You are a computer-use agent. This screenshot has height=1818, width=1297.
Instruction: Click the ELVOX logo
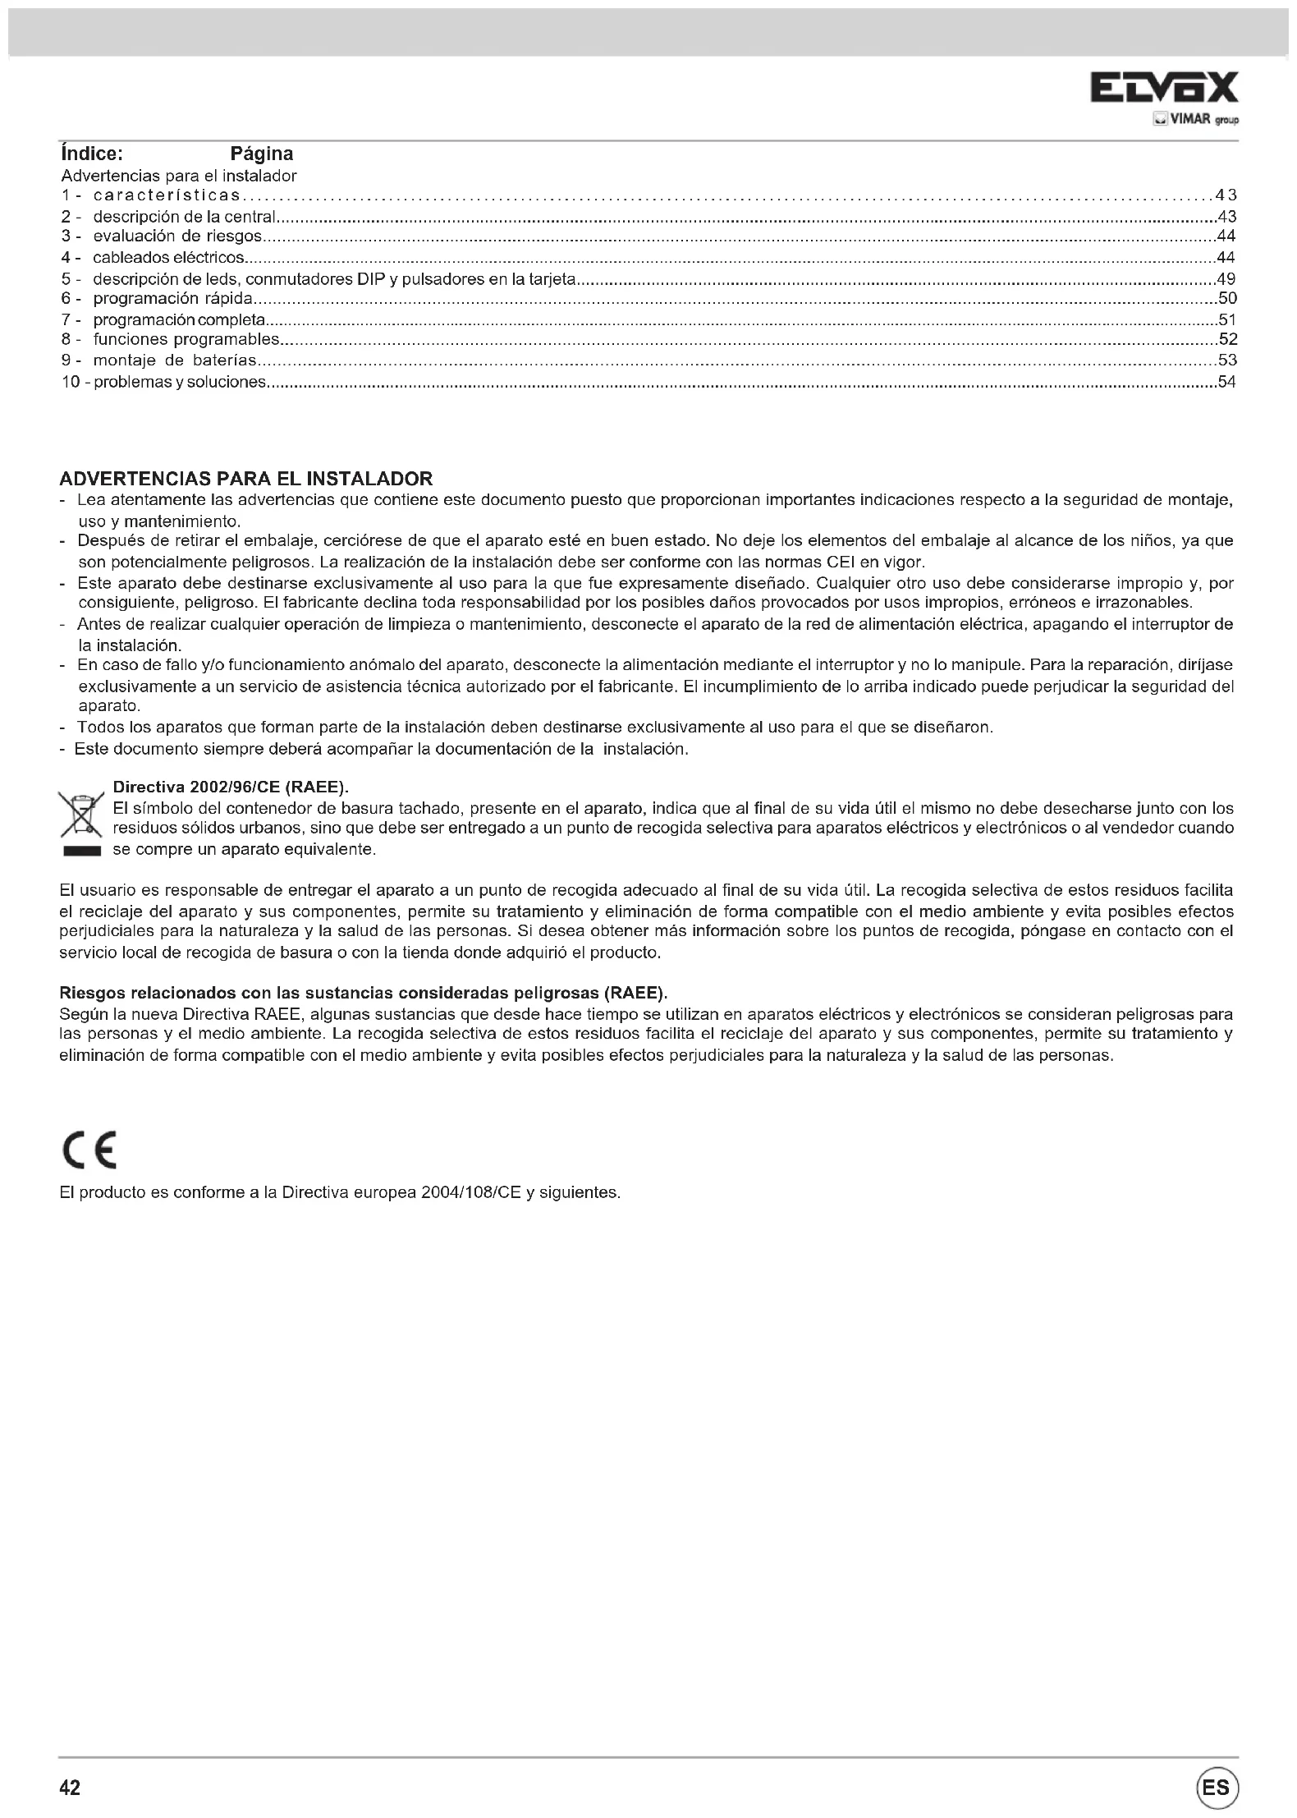[1163, 88]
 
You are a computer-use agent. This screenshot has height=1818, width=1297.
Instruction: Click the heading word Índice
[91, 154]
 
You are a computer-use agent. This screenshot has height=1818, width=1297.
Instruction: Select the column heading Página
[261, 154]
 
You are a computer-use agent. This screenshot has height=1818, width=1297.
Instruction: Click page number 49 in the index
[1226, 279]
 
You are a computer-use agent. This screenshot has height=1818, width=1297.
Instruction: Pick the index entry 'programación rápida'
[172, 298]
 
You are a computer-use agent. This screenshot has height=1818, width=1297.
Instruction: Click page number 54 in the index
[1226, 382]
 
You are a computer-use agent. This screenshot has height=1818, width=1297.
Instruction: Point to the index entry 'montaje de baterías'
[174, 360]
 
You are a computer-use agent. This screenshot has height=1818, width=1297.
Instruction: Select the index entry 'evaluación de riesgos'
[177, 236]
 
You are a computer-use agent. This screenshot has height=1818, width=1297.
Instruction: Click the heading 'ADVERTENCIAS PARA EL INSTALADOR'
[246, 479]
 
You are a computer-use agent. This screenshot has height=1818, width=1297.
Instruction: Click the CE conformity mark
[89, 1150]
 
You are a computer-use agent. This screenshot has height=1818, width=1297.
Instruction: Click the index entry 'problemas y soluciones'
[181, 382]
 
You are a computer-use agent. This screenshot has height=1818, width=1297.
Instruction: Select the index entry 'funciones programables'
[186, 340]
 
